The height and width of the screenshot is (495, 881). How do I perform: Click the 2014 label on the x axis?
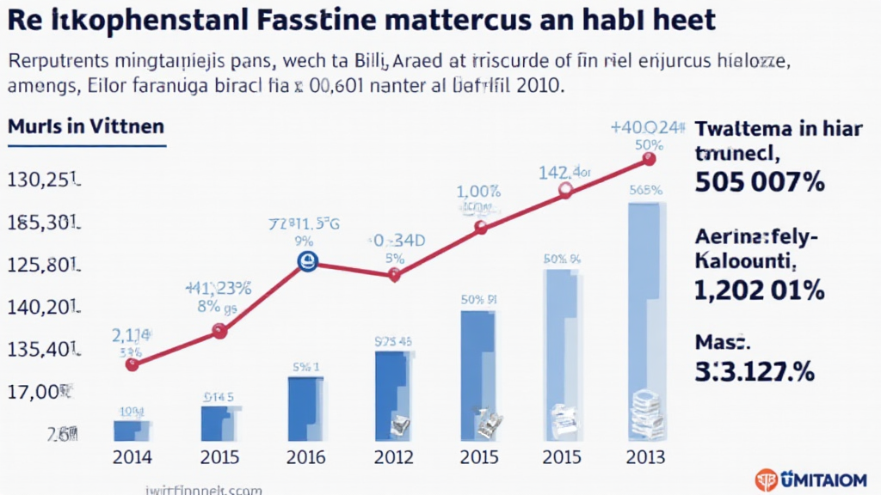132,456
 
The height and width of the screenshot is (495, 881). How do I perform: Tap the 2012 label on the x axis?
392,456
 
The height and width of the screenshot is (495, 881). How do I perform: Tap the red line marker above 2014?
132,364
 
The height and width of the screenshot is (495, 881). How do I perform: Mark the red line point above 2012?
394,275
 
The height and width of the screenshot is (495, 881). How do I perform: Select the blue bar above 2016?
305,408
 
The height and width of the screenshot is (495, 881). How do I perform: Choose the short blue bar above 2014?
131,430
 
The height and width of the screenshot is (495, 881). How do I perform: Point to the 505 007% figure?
758,181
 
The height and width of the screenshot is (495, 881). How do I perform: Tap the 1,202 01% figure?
758,290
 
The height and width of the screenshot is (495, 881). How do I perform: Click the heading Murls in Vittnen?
85,125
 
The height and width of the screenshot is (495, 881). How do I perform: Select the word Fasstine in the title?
342,21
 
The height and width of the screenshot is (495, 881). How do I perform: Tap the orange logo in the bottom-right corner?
765,480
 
